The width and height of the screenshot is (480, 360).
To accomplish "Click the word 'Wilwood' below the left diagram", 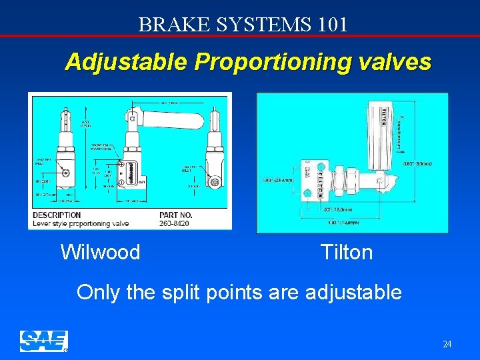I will point(100,253).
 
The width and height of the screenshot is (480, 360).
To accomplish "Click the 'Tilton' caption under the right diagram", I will point(346,253).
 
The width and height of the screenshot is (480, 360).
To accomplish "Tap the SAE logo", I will point(43,341).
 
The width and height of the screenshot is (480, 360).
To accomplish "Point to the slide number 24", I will point(447,344).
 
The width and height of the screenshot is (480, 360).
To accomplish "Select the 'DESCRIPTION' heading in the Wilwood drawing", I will point(57,215).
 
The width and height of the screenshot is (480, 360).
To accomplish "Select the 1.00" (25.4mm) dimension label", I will point(278,180).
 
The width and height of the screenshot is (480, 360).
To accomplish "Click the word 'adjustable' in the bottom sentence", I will point(353,292).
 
